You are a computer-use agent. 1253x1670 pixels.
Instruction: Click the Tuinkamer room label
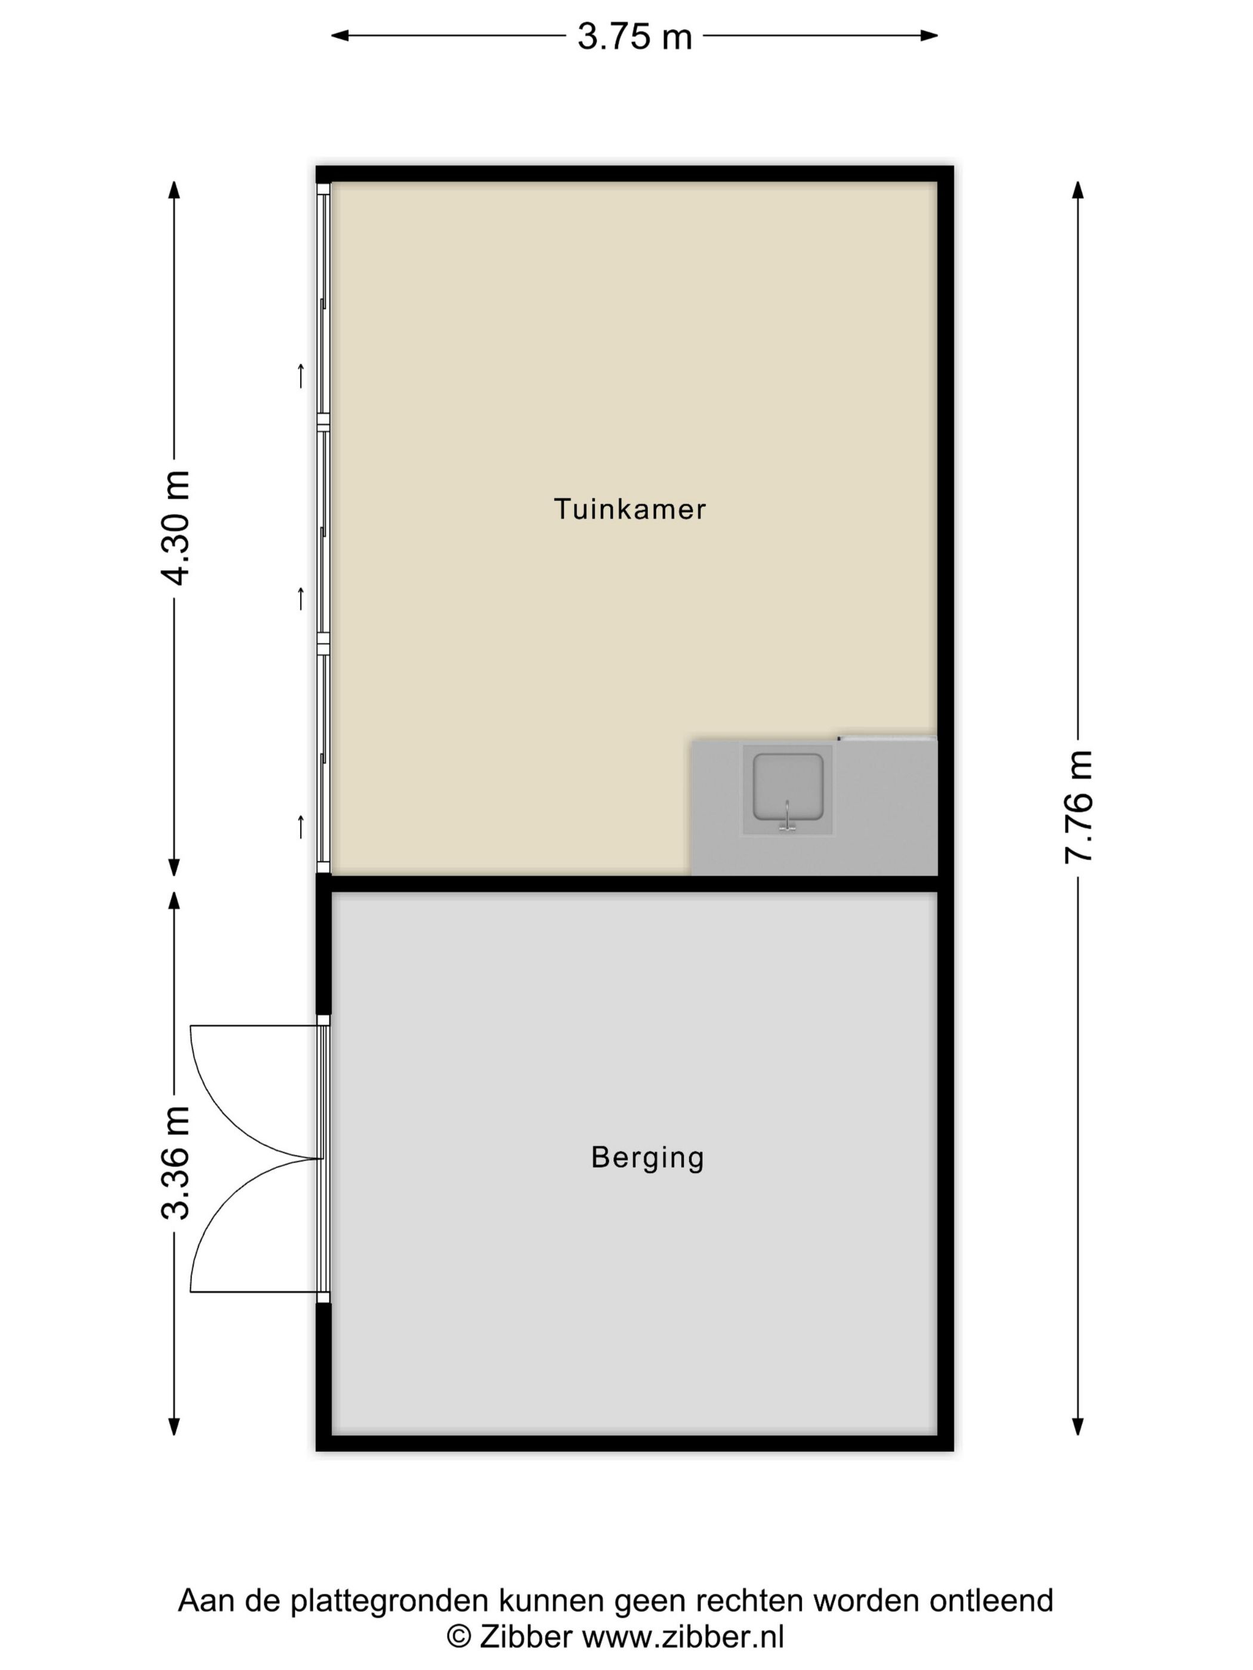[630, 509]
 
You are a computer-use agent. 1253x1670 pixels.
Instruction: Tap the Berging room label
[647, 1158]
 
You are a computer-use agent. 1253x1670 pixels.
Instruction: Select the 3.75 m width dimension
[634, 37]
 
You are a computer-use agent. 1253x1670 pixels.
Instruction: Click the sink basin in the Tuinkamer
[787, 787]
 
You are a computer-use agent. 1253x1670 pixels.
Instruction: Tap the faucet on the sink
[787, 818]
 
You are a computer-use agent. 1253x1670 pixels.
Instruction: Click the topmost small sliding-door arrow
[301, 375]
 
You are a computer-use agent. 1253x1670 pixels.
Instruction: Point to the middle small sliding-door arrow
[301, 598]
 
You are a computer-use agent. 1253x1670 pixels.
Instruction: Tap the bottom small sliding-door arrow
[301, 827]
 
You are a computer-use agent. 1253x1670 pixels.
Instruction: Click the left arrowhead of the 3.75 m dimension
[340, 35]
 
